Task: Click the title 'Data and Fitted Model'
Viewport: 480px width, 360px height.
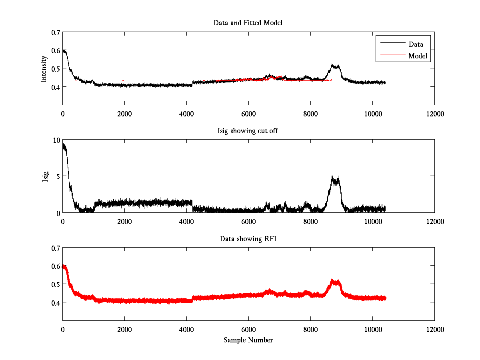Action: (x=248, y=23)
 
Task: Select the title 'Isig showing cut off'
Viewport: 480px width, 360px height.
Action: (x=248, y=131)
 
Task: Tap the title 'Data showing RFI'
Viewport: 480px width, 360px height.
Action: (x=248, y=239)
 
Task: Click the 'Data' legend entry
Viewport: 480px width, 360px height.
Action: (x=416, y=44)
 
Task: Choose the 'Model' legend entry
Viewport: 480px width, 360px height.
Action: (x=418, y=56)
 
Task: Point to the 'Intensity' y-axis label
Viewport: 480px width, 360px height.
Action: (x=44, y=69)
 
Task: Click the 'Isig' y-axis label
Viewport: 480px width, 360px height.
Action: (x=46, y=176)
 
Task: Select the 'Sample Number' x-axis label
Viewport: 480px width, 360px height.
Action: (x=248, y=340)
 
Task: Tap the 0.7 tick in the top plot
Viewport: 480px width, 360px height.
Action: (x=56, y=32)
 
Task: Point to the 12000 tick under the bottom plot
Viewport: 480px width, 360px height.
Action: (x=434, y=330)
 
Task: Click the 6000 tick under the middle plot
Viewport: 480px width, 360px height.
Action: (x=248, y=222)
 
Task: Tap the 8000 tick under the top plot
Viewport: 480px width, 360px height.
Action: (x=310, y=114)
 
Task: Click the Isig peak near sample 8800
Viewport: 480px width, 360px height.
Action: (x=332, y=176)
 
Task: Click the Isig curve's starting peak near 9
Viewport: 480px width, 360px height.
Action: (x=64, y=144)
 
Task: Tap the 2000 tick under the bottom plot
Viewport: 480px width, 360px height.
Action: (x=124, y=330)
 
